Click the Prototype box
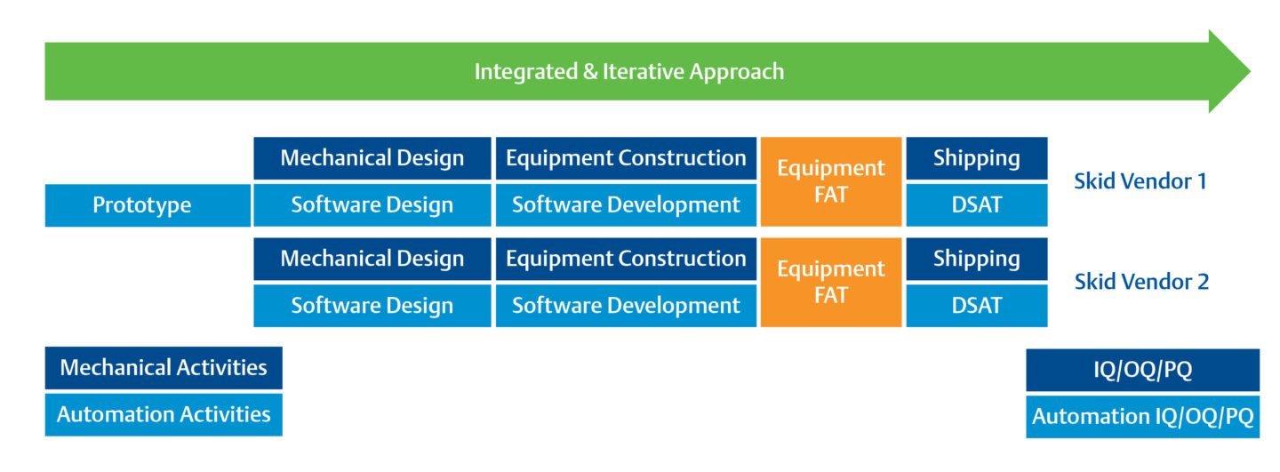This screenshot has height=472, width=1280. (148, 205)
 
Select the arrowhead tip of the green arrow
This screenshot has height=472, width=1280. (1251, 71)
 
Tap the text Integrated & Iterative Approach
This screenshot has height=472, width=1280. (629, 72)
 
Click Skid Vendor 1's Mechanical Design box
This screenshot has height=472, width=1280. (372, 158)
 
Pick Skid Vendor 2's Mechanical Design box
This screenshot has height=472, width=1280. (372, 259)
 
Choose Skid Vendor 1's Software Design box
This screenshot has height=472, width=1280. (372, 205)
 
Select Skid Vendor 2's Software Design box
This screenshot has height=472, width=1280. (372, 306)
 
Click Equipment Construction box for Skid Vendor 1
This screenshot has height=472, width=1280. (627, 158)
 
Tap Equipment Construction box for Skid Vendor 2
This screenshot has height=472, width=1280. (627, 259)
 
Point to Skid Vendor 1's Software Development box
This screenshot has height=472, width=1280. (627, 205)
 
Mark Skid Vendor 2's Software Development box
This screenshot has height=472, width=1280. (627, 306)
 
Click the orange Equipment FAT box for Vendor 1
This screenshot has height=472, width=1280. (831, 181)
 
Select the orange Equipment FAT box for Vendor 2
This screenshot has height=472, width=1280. (831, 283)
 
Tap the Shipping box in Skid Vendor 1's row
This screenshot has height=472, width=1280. (977, 158)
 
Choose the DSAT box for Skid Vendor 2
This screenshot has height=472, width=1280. (977, 306)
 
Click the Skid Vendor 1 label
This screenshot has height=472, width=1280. (1140, 181)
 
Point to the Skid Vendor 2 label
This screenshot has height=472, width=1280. (1141, 282)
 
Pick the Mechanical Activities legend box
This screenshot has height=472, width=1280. (164, 368)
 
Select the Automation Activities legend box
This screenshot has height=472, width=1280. (164, 415)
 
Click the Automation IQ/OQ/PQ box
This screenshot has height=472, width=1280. (1143, 417)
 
